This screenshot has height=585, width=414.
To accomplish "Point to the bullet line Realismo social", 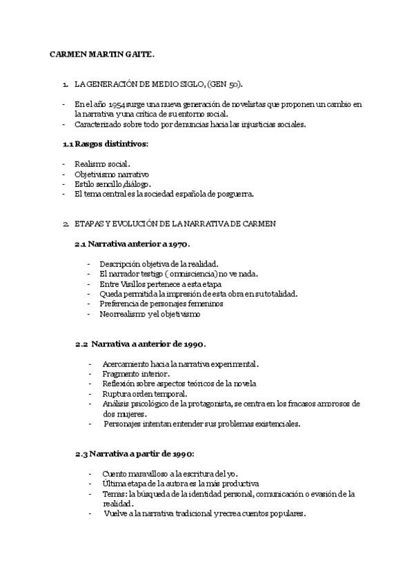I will coord(102,164).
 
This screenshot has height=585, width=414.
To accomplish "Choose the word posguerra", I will coord(234,194).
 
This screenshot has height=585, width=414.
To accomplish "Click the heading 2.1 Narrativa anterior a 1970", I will coord(132,244).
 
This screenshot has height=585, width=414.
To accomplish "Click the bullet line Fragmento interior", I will coord(130,373).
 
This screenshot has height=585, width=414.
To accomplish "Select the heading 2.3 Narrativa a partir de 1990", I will coord(135,453).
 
